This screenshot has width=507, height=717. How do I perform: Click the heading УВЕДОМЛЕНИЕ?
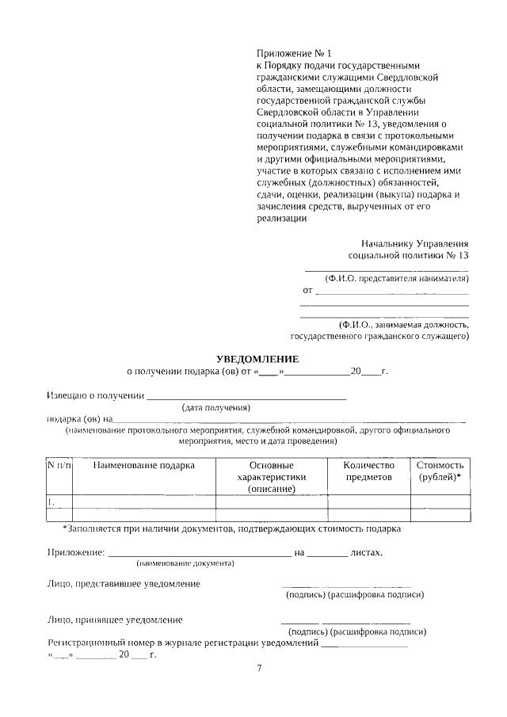[x=257, y=359]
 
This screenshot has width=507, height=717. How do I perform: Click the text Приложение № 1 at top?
[x=290, y=52]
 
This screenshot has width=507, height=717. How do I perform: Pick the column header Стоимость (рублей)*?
[x=440, y=471]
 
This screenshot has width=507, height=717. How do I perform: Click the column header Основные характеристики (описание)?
[x=272, y=478]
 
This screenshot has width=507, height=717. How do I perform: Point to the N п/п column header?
[x=59, y=466]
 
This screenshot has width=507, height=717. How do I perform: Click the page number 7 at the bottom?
[x=258, y=669]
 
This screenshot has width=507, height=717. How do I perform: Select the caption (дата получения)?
[x=216, y=408]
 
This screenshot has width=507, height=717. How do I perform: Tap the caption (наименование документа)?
[x=185, y=563]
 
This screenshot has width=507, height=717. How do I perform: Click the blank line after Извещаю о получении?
[x=247, y=395]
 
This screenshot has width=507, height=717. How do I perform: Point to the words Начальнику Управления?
[x=414, y=244]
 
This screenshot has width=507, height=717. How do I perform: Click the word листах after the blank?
[x=366, y=552]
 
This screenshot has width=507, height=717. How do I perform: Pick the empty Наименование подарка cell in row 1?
[x=143, y=502]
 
